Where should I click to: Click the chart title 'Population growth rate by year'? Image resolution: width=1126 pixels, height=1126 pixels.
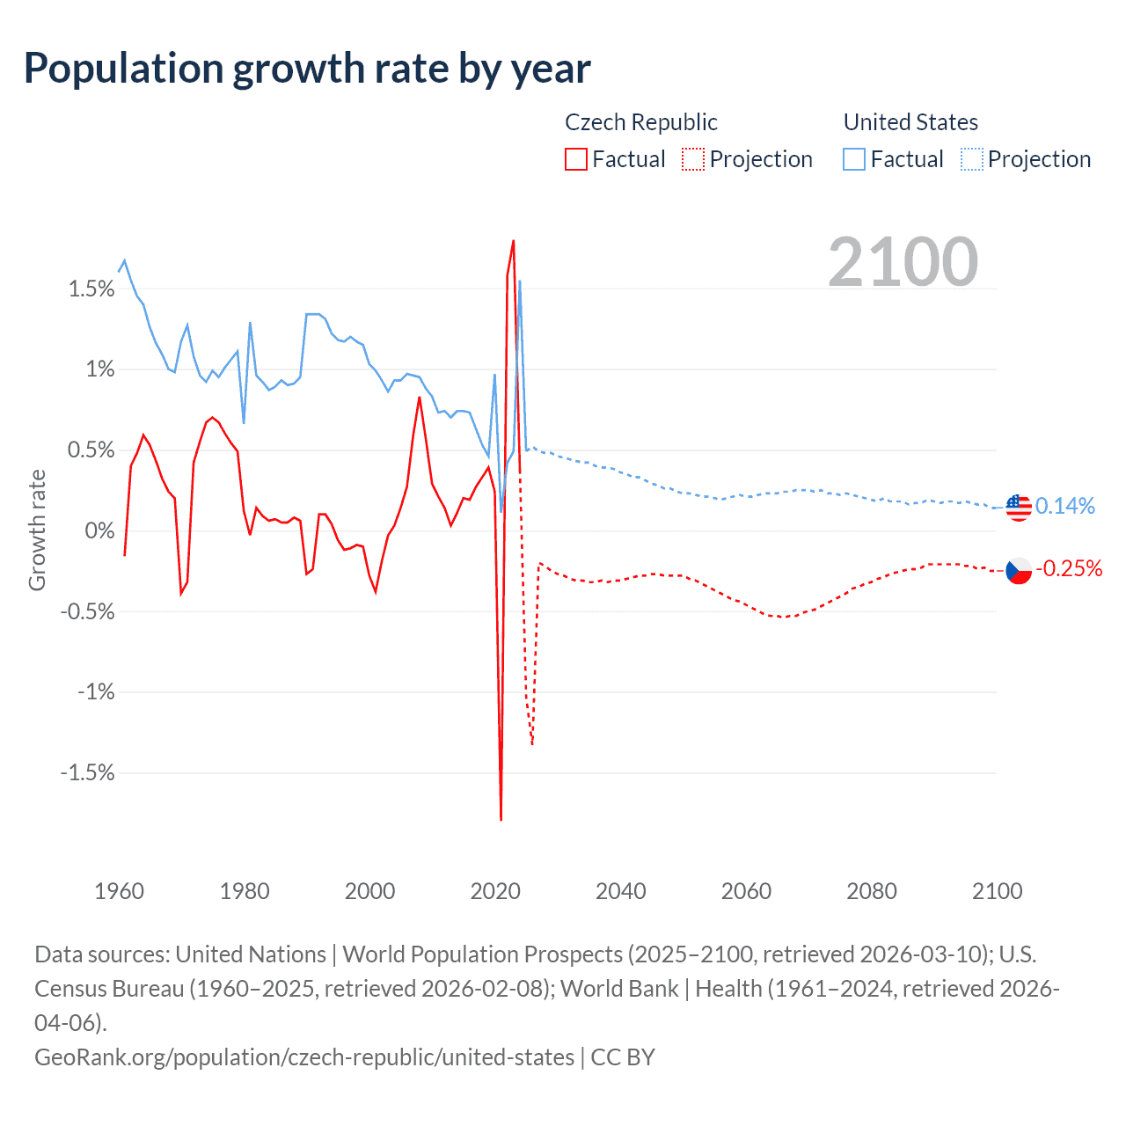307,69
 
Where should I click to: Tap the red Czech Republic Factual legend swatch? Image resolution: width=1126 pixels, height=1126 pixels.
576,159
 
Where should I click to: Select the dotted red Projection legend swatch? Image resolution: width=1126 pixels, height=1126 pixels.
693,159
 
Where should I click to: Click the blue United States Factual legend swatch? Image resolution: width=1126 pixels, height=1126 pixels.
854,159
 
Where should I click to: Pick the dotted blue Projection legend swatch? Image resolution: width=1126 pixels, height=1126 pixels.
972,159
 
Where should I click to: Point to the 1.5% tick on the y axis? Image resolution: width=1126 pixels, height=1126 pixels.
91,289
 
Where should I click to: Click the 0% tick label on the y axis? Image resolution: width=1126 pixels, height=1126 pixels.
99,530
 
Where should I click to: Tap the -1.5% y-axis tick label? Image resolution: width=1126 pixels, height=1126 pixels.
87,772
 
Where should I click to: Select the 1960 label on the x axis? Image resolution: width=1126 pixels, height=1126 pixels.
119,891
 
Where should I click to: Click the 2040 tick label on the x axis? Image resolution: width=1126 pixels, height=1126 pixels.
621,891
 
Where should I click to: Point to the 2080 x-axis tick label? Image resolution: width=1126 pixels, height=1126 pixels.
872,891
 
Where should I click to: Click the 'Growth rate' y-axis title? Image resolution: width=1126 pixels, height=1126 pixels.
37,530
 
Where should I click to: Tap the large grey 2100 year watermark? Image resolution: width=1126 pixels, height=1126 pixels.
903,262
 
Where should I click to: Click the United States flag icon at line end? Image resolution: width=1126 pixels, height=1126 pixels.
1019,508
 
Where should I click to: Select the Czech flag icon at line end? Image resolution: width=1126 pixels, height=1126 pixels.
1019,570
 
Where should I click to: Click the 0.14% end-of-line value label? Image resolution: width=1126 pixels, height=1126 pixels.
1065,506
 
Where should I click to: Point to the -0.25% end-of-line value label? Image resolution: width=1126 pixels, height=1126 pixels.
1069,568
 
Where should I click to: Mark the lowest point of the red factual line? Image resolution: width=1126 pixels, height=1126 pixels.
501,820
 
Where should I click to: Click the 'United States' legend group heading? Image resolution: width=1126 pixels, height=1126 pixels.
910,122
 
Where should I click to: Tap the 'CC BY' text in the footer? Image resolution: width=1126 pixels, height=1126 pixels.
623,1057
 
